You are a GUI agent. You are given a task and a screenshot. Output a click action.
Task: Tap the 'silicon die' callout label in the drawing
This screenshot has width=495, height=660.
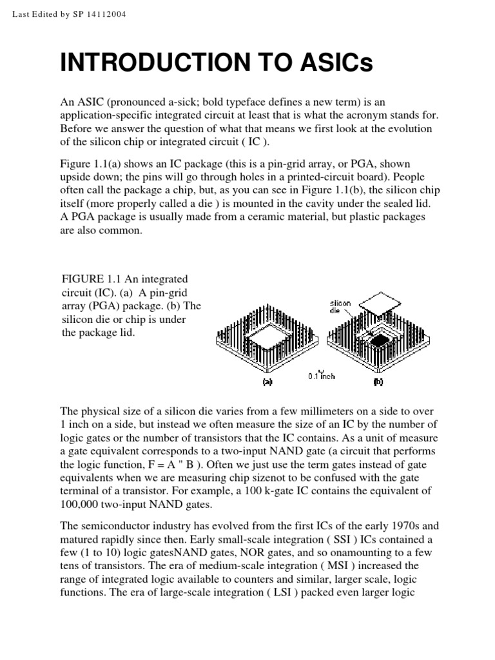pyautogui.click(x=340, y=305)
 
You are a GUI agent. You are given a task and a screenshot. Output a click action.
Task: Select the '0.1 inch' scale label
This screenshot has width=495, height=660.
pyautogui.click(x=320, y=376)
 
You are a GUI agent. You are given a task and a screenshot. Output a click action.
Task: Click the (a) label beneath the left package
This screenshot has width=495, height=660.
pyautogui.click(x=266, y=382)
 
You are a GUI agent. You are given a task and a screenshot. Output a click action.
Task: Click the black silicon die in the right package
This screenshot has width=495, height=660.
pyautogui.click(x=382, y=338)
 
